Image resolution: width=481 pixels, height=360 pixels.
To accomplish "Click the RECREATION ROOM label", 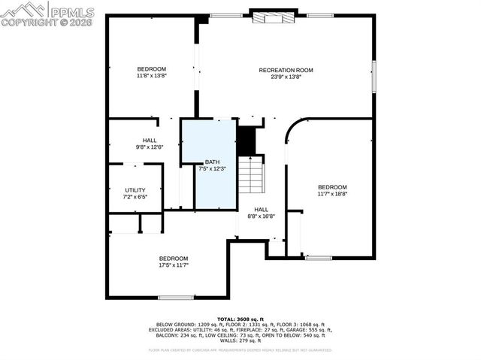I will [286, 70].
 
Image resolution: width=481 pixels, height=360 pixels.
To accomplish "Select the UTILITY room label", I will [135, 191].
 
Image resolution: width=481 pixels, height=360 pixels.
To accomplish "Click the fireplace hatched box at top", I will [269, 18].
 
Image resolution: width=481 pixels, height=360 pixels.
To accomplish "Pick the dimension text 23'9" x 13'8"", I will [286, 77].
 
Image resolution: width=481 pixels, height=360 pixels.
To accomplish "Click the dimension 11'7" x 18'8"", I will [332, 194].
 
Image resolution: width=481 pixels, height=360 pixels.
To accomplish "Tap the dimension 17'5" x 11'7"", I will [173, 265].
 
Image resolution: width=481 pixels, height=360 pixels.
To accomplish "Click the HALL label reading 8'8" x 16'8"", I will [261, 210].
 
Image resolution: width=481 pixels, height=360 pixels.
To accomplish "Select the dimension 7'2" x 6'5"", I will [135, 197].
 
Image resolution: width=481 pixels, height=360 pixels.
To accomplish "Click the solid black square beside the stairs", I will [247, 141].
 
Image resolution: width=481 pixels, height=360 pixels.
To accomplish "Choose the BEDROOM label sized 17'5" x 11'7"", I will [173, 259].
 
